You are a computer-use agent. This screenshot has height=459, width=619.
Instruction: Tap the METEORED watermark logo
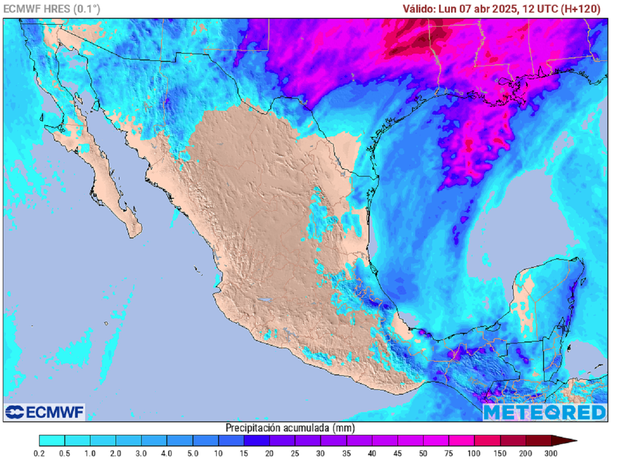pyautogui.click(x=544, y=412)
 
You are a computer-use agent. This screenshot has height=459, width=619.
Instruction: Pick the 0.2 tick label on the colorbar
pyautogui.click(x=39, y=453)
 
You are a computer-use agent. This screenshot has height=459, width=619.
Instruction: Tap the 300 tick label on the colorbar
pyautogui.click(x=551, y=453)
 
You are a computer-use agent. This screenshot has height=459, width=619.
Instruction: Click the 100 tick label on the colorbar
pyautogui.click(x=474, y=453)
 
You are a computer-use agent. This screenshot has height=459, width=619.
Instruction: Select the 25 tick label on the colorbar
pyautogui.click(x=295, y=453)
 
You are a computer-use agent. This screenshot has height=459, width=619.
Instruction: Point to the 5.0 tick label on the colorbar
pyautogui.click(x=193, y=453)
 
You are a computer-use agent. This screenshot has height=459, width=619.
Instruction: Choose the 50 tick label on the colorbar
pyautogui.click(x=423, y=453)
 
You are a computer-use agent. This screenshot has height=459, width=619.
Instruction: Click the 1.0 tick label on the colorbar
pyautogui.click(x=91, y=453)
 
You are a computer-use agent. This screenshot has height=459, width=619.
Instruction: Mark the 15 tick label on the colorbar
pyautogui.click(x=244, y=453)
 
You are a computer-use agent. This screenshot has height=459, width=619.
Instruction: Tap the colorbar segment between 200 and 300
pyautogui.click(x=538, y=440)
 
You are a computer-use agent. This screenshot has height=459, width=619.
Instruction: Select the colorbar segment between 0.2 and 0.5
pyautogui.click(x=52, y=440)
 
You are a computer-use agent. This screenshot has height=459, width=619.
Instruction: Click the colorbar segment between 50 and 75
pyautogui.click(x=436, y=440)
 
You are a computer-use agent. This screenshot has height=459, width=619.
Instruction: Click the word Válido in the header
pyautogui.click(x=418, y=8)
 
